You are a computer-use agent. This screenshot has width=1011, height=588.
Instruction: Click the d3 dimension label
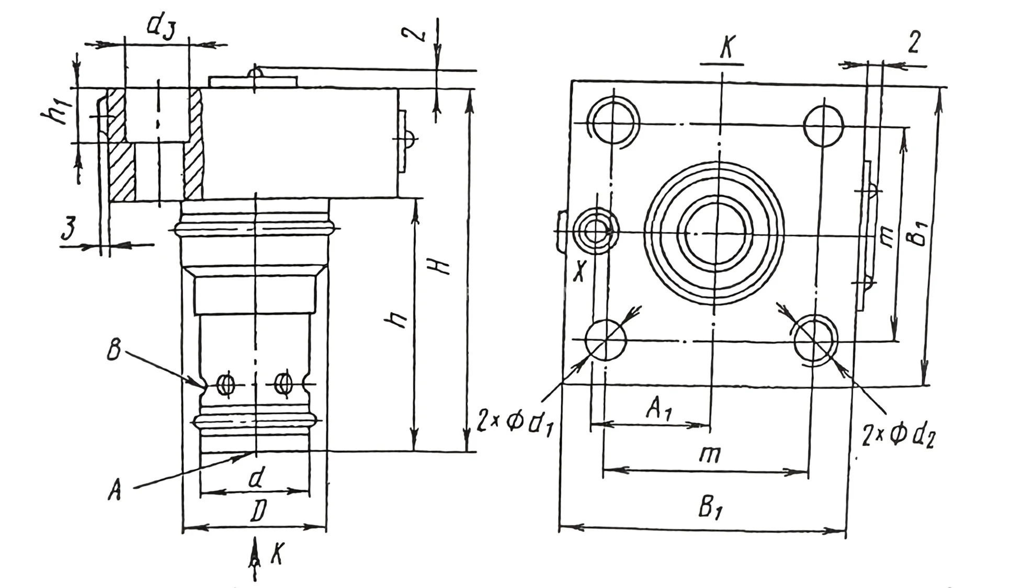point(161,27)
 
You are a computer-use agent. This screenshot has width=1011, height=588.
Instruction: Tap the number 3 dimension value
point(69,229)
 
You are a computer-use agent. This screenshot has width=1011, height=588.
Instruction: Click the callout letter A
point(115,491)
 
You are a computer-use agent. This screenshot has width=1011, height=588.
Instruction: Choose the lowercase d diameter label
point(256,478)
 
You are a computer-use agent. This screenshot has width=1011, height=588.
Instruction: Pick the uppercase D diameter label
point(258,511)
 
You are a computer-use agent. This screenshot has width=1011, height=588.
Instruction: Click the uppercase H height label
point(442,267)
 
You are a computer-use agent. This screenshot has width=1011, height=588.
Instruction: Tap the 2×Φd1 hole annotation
point(515,422)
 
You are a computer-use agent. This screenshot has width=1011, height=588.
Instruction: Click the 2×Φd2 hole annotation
point(899,435)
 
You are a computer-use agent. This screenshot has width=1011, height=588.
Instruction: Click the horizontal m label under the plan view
point(710,455)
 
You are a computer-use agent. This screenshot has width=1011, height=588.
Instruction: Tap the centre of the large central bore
point(715,233)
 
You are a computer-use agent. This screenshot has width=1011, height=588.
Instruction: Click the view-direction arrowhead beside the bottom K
point(255,555)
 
